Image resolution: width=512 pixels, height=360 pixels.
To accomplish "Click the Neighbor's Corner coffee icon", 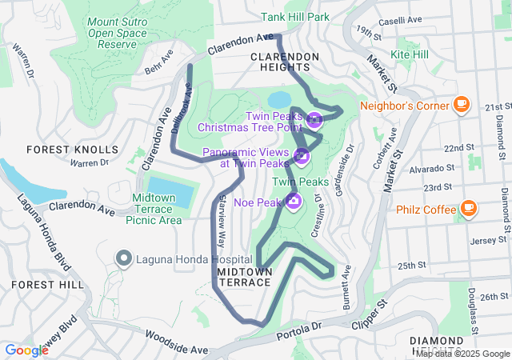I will coord(461,104).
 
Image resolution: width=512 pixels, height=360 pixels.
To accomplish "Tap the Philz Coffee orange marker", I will coord(468,210).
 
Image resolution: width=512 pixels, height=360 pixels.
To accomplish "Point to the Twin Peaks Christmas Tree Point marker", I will coord(314,121).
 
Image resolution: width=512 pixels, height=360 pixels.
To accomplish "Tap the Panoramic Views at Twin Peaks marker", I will coord(302,156).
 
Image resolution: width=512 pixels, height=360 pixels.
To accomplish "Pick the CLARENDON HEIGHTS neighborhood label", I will coord(285,62).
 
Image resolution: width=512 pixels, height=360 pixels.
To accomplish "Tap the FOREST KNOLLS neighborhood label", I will coord(72,150).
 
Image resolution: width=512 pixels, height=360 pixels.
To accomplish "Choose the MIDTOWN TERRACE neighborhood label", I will coord(245,278).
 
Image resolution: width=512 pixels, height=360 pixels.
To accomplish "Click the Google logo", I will coord(26,350).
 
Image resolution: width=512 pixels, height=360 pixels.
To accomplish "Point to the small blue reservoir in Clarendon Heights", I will coord(279,99).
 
